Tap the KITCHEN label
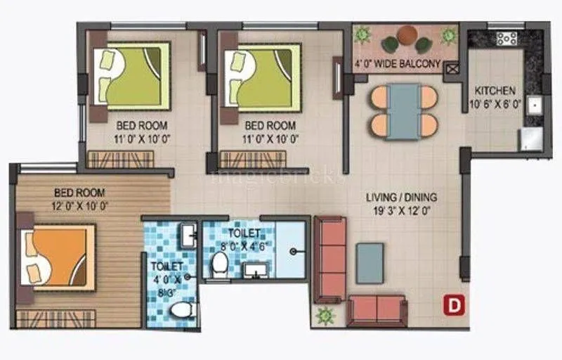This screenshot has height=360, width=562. (x=495, y=91)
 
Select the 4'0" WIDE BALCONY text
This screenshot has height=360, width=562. (x=398, y=64)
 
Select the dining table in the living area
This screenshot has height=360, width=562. (x=404, y=111)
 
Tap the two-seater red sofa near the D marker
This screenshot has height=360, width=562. (x=377, y=310)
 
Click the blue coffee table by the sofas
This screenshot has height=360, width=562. (x=370, y=263)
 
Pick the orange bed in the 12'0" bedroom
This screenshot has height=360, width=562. (x=56, y=257)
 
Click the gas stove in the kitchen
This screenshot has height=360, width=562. (x=507, y=39)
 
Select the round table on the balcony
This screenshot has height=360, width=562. (x=407, y=34)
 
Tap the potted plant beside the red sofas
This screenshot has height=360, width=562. (x=325, y=316)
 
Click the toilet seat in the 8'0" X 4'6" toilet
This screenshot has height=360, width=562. (x=219, y=265)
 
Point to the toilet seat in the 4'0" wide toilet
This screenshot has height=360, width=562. (x=182, y=310)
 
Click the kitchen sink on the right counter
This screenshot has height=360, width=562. (x=533, y=105)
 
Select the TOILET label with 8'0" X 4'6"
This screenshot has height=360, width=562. (x=244, y=232)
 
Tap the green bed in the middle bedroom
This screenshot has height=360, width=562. (x=263, y=76)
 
